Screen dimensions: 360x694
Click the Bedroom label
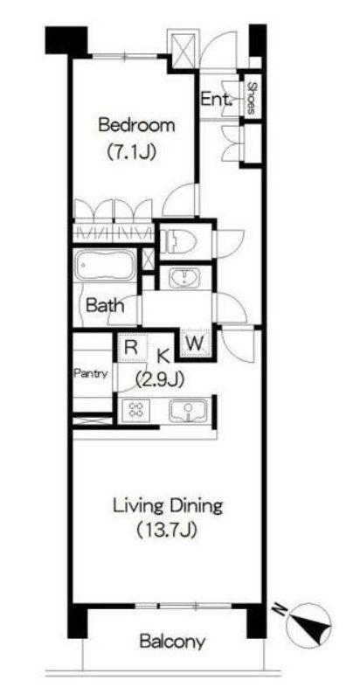(x=136, y=125)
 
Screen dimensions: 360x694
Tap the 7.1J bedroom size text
(x=131, y=153)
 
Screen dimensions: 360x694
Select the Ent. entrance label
(x=217, y=99)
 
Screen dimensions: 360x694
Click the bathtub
(x=105, y=265)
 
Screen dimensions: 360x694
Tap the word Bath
(x=105, y=305)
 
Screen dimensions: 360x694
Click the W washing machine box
(x=195, y=343)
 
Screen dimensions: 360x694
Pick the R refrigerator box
(x=130, y=346)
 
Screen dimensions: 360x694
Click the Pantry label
(x=90, y=373)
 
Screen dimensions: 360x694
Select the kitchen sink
(x=189, y=411)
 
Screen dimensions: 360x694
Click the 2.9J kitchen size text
(x=159, y=379)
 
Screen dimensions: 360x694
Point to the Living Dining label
(x=167, y=506)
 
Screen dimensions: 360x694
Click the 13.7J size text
(x=166, y=530)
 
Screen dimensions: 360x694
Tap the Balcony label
(x=172, y=642)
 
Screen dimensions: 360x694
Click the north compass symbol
(x=309, y=627)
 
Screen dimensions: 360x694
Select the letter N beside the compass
(x=280, y=610)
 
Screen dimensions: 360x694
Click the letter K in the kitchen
(x=163, y=355)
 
